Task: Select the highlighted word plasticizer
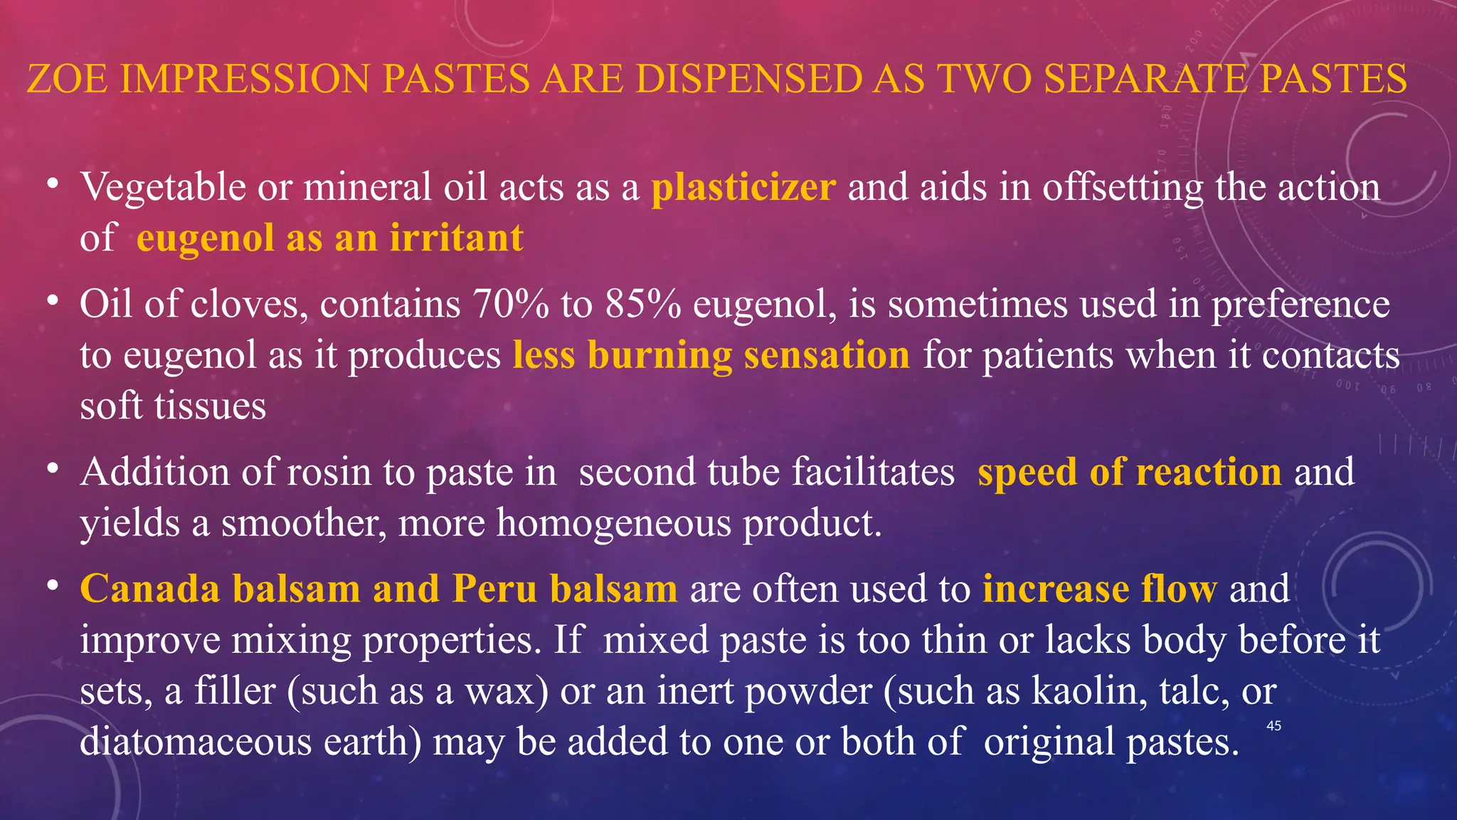743,188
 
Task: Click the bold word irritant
456,238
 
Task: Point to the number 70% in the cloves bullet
511,305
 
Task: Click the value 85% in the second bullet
643,305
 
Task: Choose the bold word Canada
149,589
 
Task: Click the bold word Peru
494,589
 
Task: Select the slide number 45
1273,726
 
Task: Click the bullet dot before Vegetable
52,184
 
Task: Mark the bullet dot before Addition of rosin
52,469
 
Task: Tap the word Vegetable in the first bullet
163,188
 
